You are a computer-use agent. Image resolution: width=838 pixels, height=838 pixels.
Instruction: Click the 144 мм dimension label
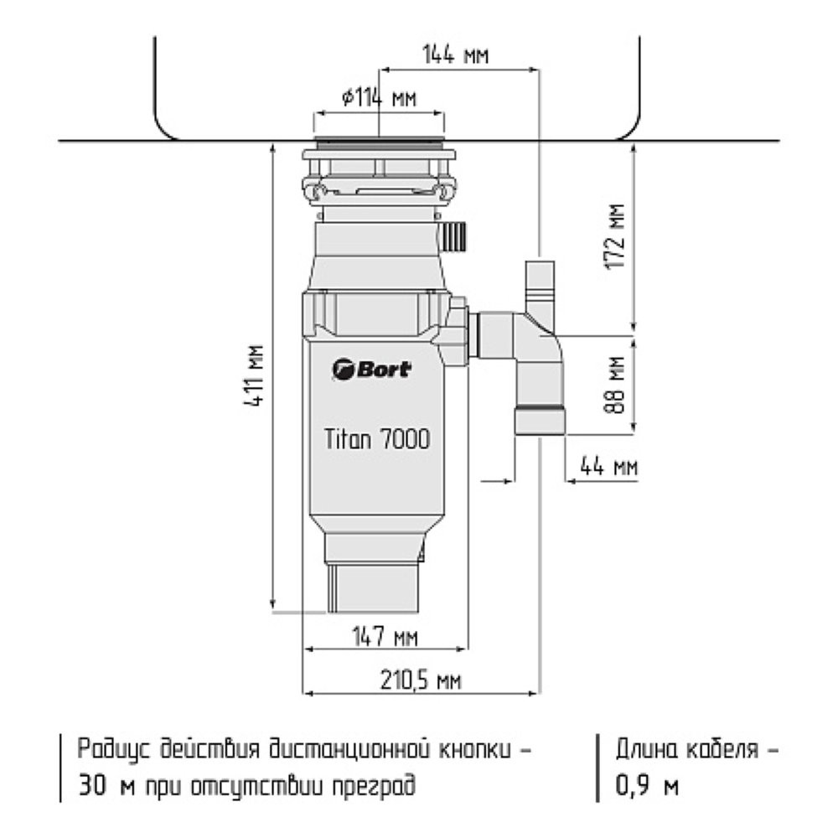point(455,55)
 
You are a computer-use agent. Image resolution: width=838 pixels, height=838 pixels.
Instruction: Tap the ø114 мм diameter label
point(379,98)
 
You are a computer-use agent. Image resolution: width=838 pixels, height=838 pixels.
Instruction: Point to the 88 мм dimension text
point(618,384)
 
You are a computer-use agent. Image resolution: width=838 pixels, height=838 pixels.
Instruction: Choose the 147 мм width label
point(383,636)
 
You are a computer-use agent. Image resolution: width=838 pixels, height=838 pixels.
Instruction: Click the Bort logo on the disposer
point(371,369)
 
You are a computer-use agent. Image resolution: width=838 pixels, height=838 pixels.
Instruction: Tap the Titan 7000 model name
point(377,439)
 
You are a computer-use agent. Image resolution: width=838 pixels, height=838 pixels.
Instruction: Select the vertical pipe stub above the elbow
point(540,285)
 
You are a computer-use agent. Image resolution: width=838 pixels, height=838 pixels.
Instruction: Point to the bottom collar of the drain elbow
point(540,420)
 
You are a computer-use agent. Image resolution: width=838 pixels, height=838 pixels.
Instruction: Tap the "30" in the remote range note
point(95,787)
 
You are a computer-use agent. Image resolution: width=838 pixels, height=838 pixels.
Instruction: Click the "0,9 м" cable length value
point(647,787)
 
